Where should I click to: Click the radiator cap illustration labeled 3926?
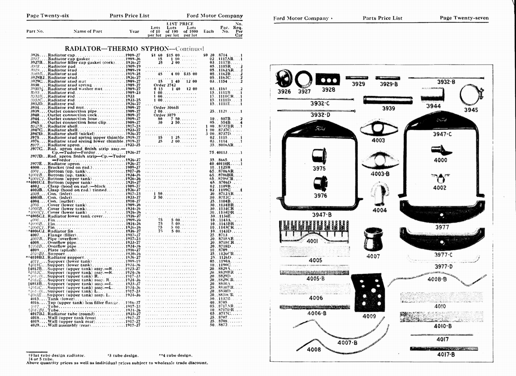(x=284, y=78)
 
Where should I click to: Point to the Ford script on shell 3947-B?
(x=320, y=128)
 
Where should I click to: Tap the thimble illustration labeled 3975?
(x=319, y=156)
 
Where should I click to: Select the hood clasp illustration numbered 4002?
(x=440, y=178)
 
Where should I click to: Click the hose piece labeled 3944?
(x=432, y=94)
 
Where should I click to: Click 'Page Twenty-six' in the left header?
(x=48, y=15)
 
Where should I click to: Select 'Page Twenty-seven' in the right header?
(x=464, y=18)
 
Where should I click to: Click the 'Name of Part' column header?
(x=88, y=31)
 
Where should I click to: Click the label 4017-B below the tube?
(x=446, y=354)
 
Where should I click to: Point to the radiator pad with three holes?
(x=328, y=79)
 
